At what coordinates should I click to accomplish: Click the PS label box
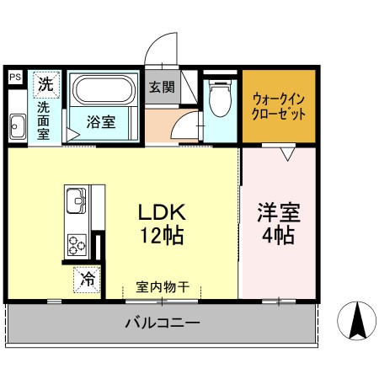15,77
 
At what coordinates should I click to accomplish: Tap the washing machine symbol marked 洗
46,84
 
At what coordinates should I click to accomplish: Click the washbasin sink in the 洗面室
18,126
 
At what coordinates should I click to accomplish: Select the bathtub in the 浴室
104,90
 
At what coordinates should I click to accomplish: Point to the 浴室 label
101,122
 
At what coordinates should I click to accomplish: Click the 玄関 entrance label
162,87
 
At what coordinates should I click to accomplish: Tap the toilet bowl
221,99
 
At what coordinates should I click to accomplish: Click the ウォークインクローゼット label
278,107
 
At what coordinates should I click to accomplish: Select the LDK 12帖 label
162,224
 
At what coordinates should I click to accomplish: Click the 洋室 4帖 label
279,223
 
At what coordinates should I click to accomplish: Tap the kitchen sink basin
76,200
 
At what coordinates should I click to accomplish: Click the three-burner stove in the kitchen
77,245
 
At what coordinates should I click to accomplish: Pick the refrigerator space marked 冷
87,280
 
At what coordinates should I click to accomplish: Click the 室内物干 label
163,287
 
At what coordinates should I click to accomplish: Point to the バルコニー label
163,323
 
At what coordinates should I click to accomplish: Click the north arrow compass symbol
356,321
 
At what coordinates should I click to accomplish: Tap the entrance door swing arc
154,41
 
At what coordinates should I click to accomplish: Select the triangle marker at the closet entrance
288,154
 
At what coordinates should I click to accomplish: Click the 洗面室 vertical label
44,120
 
